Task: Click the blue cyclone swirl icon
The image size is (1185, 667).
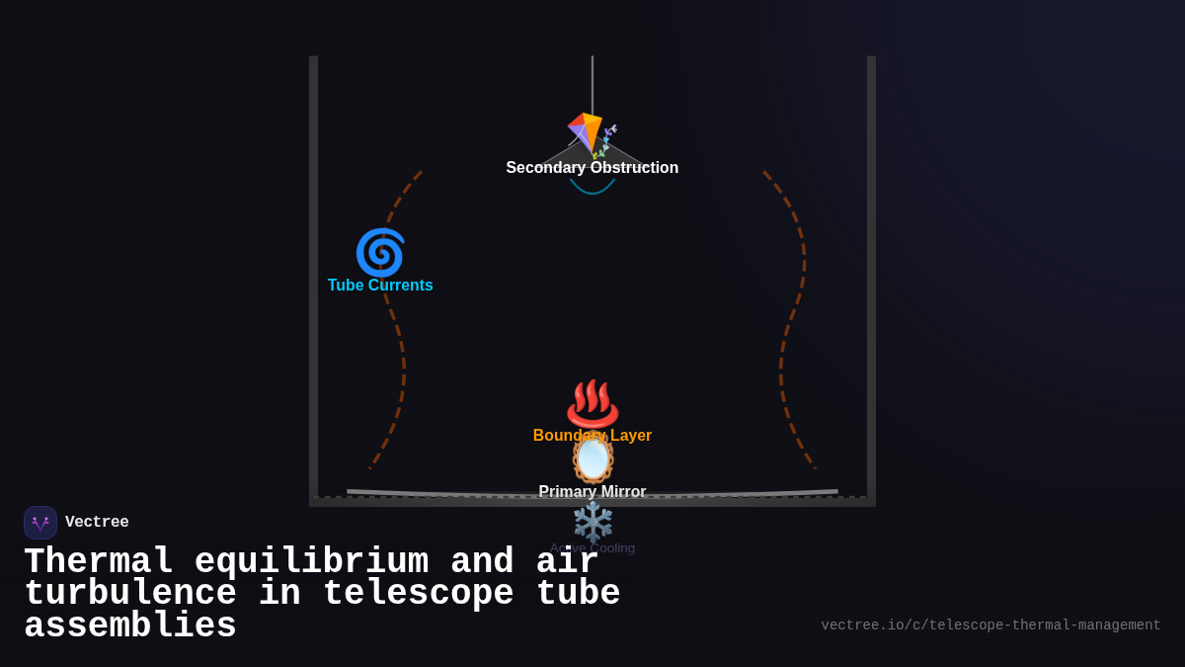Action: point(380,252)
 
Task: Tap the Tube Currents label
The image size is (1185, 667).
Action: point(380,286)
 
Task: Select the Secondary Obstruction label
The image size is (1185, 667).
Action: point(592,168)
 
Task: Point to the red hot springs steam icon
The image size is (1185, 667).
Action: point(592,403)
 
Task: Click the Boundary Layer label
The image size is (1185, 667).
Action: point(592,436)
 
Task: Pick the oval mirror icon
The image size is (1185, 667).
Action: point(592,459)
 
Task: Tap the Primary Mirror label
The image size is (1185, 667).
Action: point(592,492)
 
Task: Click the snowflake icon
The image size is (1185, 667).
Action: point(592,521)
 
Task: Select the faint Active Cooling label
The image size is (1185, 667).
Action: point(592,548)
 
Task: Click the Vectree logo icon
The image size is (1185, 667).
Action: point(40,523)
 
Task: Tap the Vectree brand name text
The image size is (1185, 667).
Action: point(97,523)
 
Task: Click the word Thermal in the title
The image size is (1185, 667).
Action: point(99,562)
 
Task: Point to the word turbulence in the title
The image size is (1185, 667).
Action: point(130,594)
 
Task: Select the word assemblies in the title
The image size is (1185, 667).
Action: point(130,626)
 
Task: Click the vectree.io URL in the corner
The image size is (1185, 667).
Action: point(990,625)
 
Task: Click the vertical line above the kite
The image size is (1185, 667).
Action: point(592,84)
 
